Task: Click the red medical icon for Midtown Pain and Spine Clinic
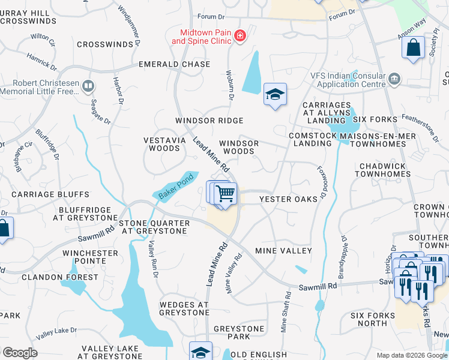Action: [x=240, y=37]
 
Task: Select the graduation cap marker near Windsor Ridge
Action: [x=275, y=95]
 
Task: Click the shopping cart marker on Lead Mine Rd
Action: [x=225, y=194]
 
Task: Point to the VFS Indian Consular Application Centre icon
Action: [x=394, y=79]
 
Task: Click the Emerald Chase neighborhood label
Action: [x=175, y=64]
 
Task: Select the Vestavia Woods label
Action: [x=161, y=144]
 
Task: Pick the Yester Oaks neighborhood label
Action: [x=288, y=199]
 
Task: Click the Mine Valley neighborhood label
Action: [x=283, y=250]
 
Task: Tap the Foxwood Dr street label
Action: [x=321, y=184]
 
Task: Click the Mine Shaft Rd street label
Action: [x=285, y=312]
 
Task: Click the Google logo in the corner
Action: [x=19, y=353]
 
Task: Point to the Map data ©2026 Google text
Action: [x=411, y=355]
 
